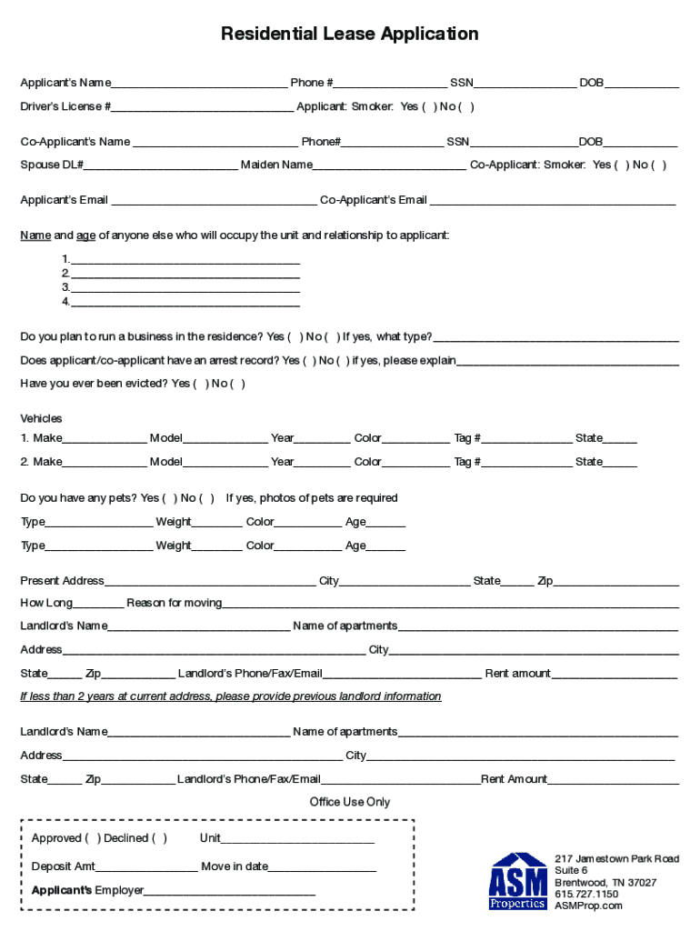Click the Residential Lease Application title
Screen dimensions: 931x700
[349, 35]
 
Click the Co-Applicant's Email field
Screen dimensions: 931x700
[553, 202]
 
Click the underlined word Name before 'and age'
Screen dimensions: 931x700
[35, 235]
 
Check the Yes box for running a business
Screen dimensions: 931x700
[295, 337]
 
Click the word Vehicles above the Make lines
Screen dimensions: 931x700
[41, 419]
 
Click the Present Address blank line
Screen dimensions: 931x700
[210, 583]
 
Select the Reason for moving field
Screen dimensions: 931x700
[450, 605]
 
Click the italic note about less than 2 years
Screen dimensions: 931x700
[231, 696]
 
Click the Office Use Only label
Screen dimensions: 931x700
[349, 802]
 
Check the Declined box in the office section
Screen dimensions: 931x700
[159, 838]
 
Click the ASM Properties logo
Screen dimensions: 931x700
[518, 880]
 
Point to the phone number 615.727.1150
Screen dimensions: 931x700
[586, 894]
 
